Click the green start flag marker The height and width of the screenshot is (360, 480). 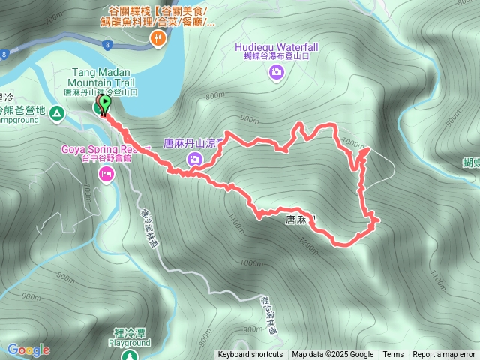coord(105,103)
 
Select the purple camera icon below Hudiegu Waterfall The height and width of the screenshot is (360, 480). coord(277,71)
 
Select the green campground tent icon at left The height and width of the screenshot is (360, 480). coord(58,112)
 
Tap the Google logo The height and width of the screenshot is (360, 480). coord(28,349)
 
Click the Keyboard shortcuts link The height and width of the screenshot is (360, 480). coord(250,355)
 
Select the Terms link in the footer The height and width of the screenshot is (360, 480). coord(393,355)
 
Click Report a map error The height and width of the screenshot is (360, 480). coord(444,355)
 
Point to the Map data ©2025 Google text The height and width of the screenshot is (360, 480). coord(333,355)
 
